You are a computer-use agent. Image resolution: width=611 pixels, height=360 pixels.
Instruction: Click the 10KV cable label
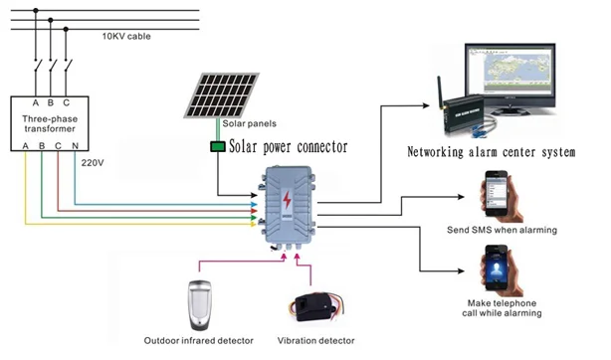132,36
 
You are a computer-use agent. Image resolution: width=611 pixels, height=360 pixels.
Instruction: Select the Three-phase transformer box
50,123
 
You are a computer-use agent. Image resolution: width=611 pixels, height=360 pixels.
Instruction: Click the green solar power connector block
217,148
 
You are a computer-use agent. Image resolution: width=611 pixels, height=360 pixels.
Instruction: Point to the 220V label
93,160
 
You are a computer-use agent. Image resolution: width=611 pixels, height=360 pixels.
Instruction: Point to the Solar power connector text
289,147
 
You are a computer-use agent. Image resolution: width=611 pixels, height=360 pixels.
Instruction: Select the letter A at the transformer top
36,101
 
